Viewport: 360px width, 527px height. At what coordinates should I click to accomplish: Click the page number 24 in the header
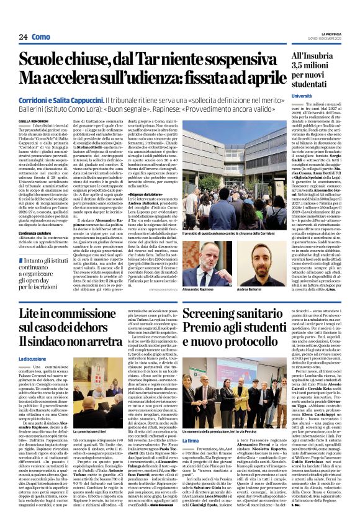click(23, 37)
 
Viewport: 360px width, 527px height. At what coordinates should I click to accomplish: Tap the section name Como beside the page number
click(41, 37)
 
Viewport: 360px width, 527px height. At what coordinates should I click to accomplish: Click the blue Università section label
click(302, 96)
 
